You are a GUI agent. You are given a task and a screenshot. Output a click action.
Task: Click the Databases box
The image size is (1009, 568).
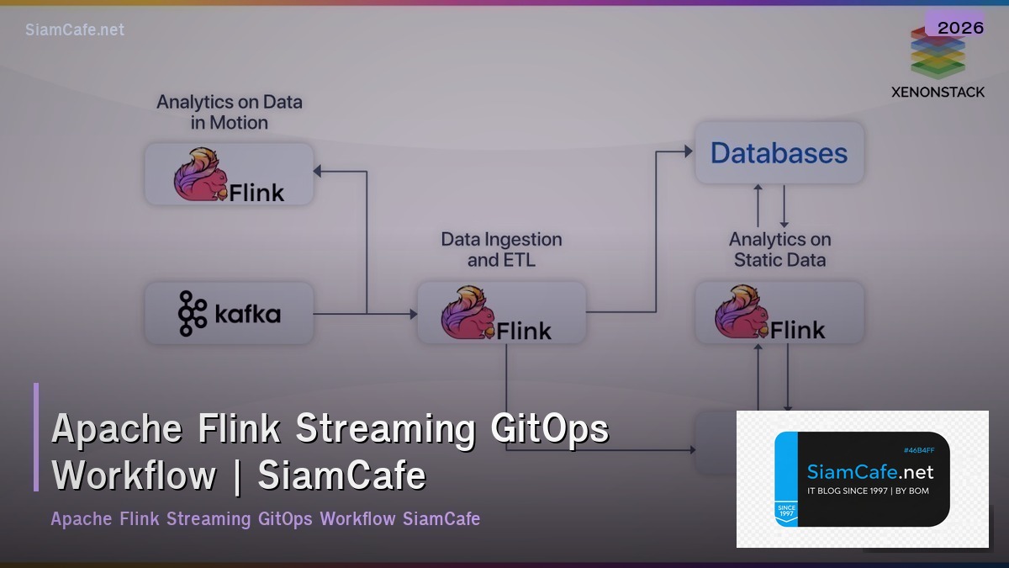coord(779,152)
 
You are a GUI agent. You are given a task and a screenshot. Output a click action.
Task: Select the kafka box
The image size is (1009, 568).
coord(229,314)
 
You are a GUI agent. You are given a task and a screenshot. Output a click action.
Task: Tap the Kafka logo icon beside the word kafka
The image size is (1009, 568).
coord(192,314)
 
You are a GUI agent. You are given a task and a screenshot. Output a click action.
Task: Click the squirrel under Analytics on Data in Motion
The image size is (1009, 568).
coord(200,174)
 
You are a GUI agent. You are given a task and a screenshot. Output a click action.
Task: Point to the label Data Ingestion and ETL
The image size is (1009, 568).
coord(501,250)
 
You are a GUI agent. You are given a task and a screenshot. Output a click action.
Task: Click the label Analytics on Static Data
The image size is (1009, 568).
coord(779,250)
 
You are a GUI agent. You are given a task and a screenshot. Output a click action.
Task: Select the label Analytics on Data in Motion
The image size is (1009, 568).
coord(229,112)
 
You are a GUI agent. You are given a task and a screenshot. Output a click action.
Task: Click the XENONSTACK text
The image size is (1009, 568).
coord(938,92)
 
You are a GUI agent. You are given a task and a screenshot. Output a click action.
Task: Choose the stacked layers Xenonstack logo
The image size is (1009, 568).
coord(937,55)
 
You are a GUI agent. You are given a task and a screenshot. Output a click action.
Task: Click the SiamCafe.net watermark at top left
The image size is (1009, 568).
coord(75,29)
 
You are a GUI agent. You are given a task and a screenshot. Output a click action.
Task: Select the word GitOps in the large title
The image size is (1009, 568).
coord(549,428)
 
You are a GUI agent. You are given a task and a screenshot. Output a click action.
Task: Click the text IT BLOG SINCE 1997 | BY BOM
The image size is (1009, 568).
coord(868,491)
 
